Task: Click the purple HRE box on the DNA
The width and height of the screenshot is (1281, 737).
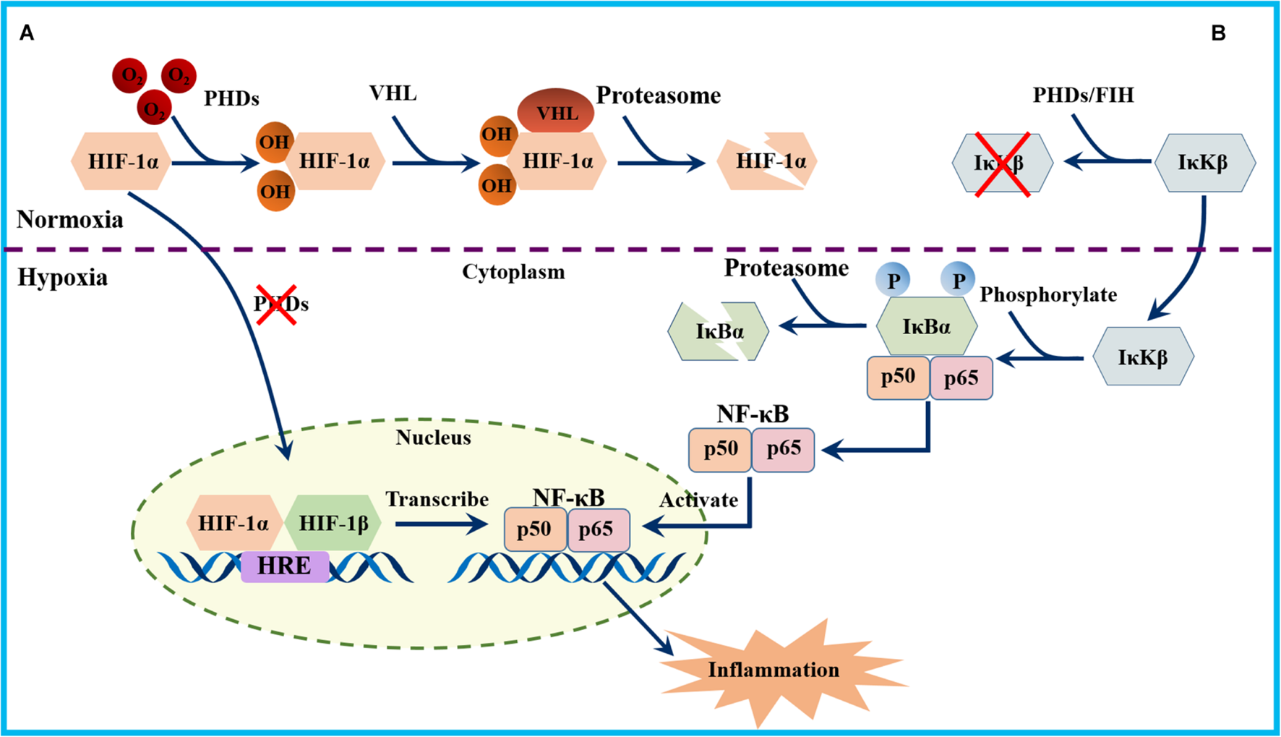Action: [x=285, y=566]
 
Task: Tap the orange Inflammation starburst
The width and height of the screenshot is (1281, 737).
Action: [x=773, y=670]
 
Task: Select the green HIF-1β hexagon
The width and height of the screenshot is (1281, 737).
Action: [x=333, y=523]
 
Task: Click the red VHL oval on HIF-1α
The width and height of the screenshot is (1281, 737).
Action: [x=555, y=112]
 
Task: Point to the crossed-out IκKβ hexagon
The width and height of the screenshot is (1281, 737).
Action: [x=1001, y=163]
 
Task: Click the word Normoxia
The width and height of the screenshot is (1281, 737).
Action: [x=69, y=219]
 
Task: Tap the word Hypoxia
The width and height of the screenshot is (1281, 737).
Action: [x=62, y=277]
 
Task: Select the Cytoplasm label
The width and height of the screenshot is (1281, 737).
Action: [x=513, y=272]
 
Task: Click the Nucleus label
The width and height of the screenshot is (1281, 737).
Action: [x=433, y=437]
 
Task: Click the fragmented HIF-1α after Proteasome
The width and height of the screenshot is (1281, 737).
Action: [x=768, y=161]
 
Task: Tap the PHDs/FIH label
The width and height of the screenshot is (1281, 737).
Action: [x=1082, y=95]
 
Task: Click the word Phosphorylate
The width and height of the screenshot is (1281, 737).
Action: [x=1047, y=294]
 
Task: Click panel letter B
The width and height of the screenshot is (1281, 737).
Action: [x=1218, y=33]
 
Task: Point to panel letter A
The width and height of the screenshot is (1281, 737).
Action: [x=27, y=33]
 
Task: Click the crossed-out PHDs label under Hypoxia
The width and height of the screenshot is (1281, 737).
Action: [x=280, y=304]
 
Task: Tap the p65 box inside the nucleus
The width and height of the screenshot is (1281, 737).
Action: [x=597, y=529]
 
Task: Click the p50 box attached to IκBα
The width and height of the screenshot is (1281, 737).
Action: [x=897, y=377]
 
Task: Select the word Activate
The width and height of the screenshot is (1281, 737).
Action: [x=698, y=500]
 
